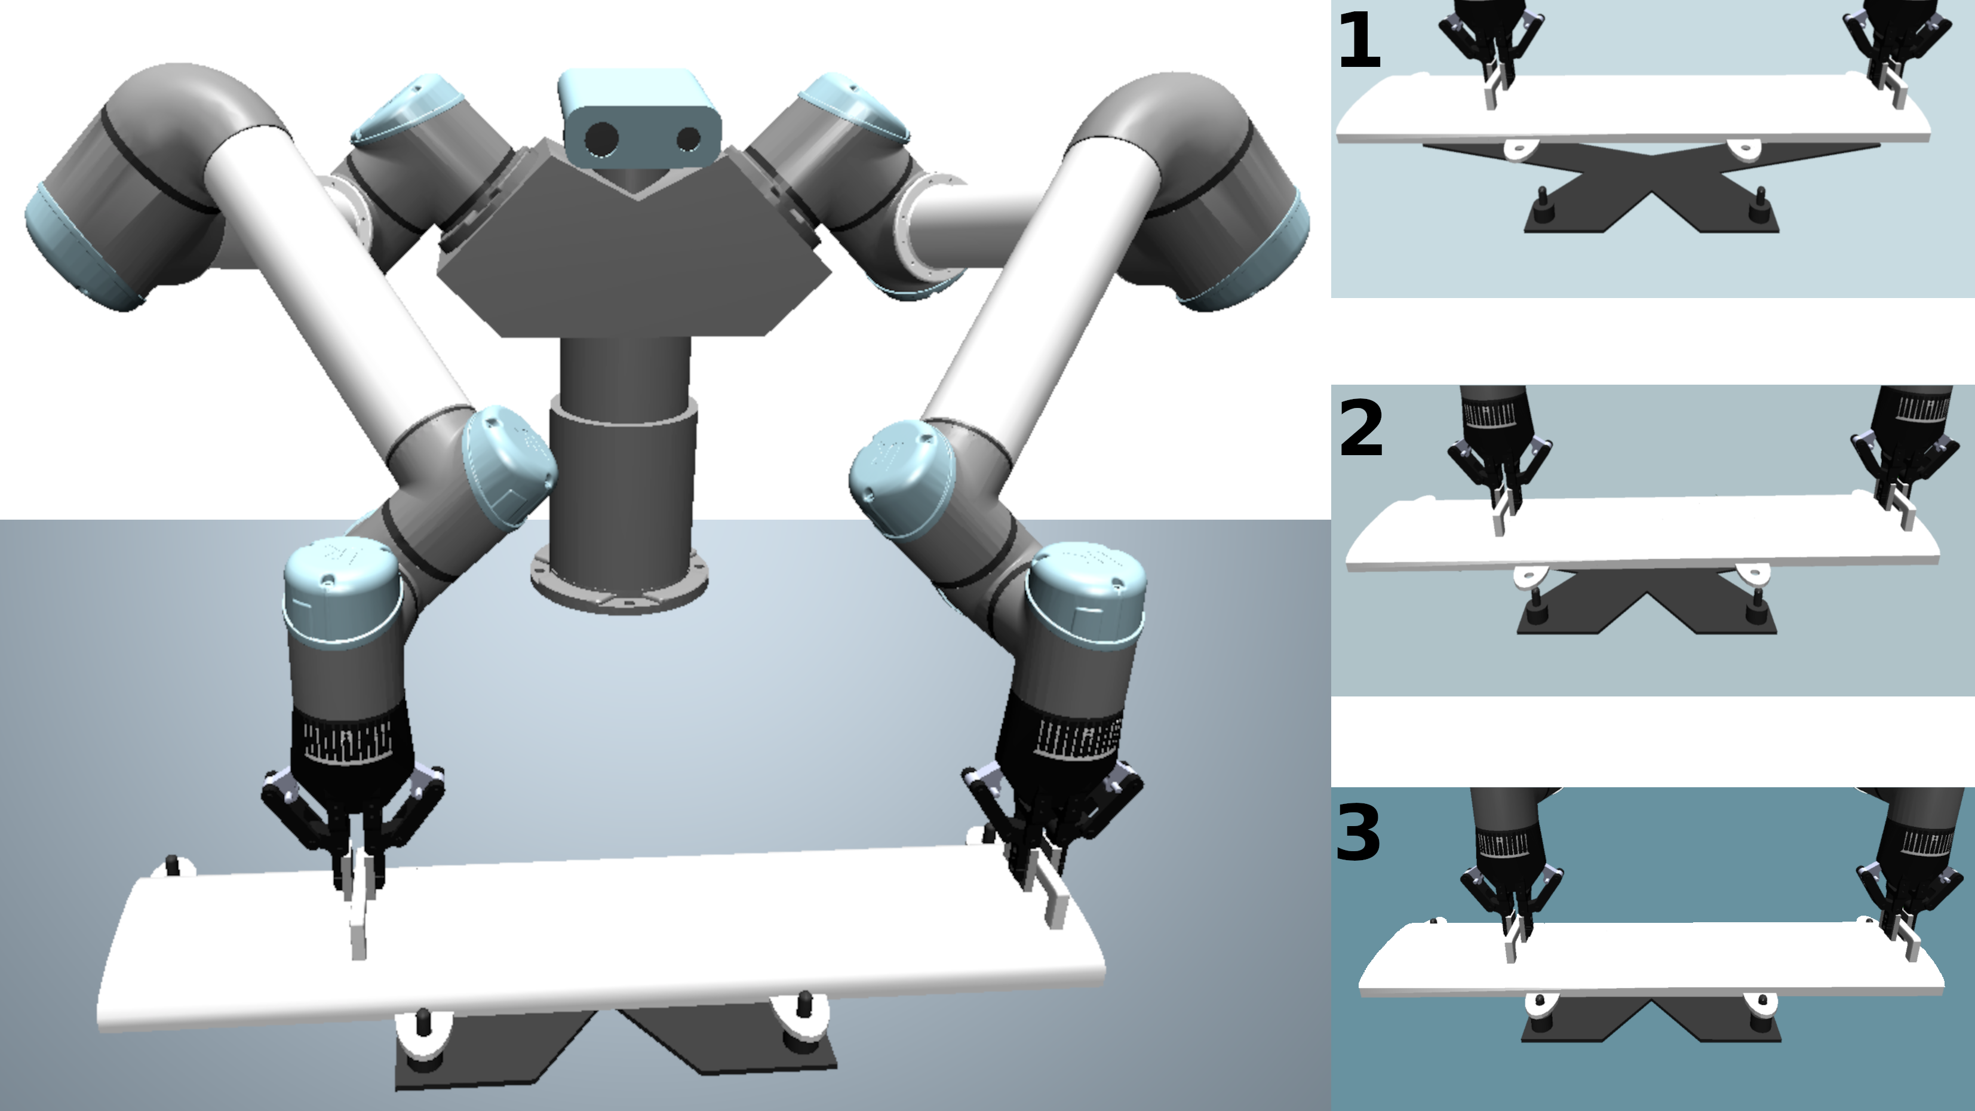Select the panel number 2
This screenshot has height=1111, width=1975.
1361,429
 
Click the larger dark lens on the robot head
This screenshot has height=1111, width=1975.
601,139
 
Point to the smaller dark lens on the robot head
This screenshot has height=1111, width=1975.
689,139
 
